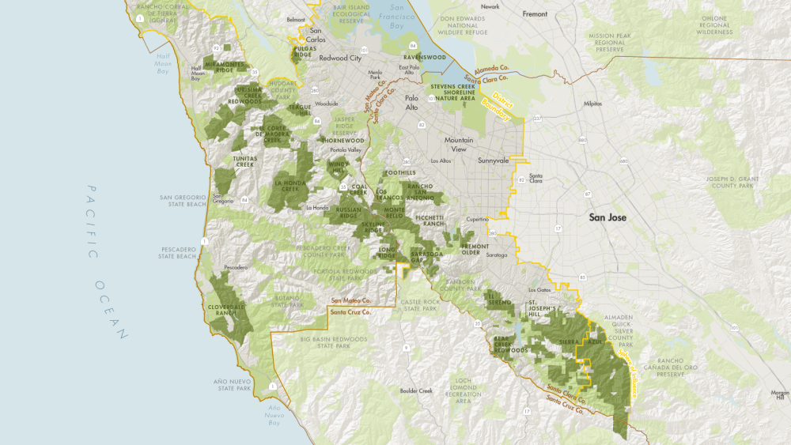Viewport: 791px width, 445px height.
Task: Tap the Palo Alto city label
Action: (411, 103)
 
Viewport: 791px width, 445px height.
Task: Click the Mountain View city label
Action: (458, 145)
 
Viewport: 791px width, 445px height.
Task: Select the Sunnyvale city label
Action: (493, 160)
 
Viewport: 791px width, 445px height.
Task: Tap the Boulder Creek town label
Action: (416, 390)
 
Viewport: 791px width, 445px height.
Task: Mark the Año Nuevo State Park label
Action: (232, 385)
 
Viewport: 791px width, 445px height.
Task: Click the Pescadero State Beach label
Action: (176, 251)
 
